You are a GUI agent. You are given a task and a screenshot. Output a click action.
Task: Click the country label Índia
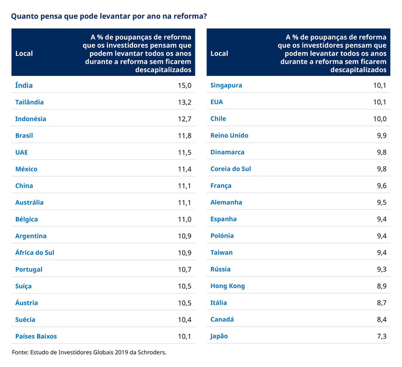pos(24,86)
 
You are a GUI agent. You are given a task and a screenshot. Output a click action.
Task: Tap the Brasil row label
pos(24,136)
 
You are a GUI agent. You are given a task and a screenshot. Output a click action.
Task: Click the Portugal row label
pos(29,270)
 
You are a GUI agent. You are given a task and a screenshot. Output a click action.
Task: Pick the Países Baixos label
pos(36,336)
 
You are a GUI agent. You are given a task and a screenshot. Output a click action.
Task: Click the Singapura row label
pos(226,86)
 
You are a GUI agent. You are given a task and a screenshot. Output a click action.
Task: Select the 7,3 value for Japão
pos(382,336)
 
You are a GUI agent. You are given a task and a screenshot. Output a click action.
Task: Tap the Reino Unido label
pos(229,136)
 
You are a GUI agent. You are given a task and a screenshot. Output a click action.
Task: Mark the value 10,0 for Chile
pos(379,119)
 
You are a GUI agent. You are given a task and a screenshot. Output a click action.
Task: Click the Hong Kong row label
pos(227,286)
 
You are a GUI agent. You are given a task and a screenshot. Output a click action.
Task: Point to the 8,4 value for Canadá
pos(382,319)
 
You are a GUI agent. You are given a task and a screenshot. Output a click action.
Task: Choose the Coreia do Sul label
pos(230,169)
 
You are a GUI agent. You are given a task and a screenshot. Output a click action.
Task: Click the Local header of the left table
pos(24,53)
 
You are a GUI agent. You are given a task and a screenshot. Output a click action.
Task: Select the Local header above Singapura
pos(219,53)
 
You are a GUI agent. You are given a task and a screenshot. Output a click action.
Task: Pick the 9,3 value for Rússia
pos(382,270)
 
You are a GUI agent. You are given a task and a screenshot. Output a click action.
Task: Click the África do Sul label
pos(35,253)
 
